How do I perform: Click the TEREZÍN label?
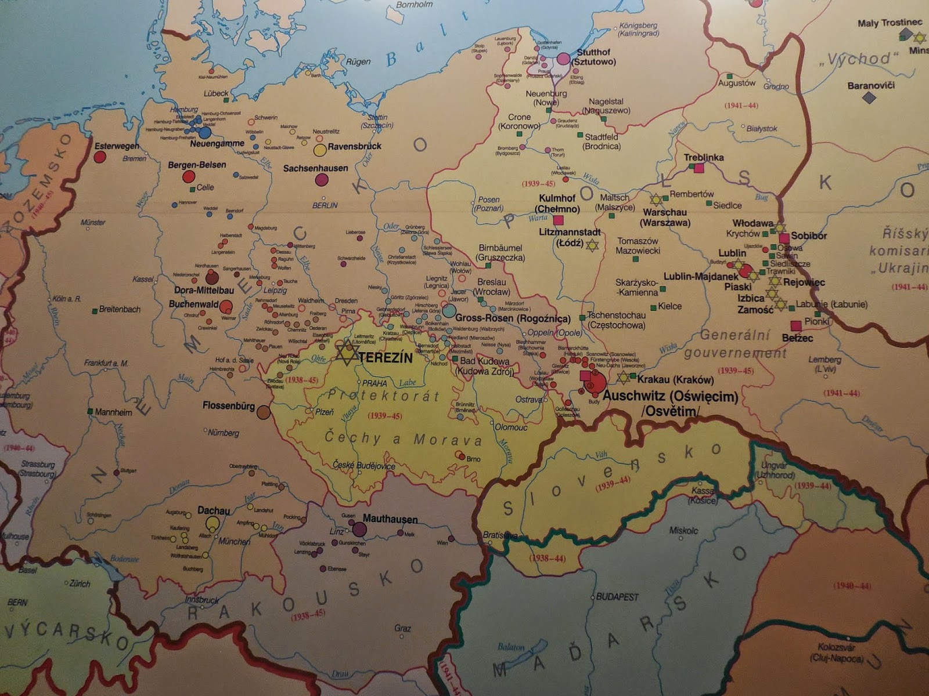click(386, 358)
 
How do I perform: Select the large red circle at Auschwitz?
click(596, 382)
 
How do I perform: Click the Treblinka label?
click(704, 157)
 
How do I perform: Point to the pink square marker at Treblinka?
click(699, 168)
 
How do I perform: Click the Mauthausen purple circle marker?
click(359, 529)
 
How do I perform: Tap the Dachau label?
click(214, 510)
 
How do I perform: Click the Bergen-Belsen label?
click(197, 165)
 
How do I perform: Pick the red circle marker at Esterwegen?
click(100, 157)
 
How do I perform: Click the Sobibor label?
click(809, 236)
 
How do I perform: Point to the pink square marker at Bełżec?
click(796, 326)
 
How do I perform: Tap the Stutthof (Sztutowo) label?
click(594, 57)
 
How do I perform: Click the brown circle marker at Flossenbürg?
click(264, 412)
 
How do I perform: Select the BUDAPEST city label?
click(617, 597)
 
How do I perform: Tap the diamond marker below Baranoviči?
click(868, 98)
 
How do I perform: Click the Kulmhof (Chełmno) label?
click(558, 203)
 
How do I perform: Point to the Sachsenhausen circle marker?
click(322, 180)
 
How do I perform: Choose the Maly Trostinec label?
click(890, 23)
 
